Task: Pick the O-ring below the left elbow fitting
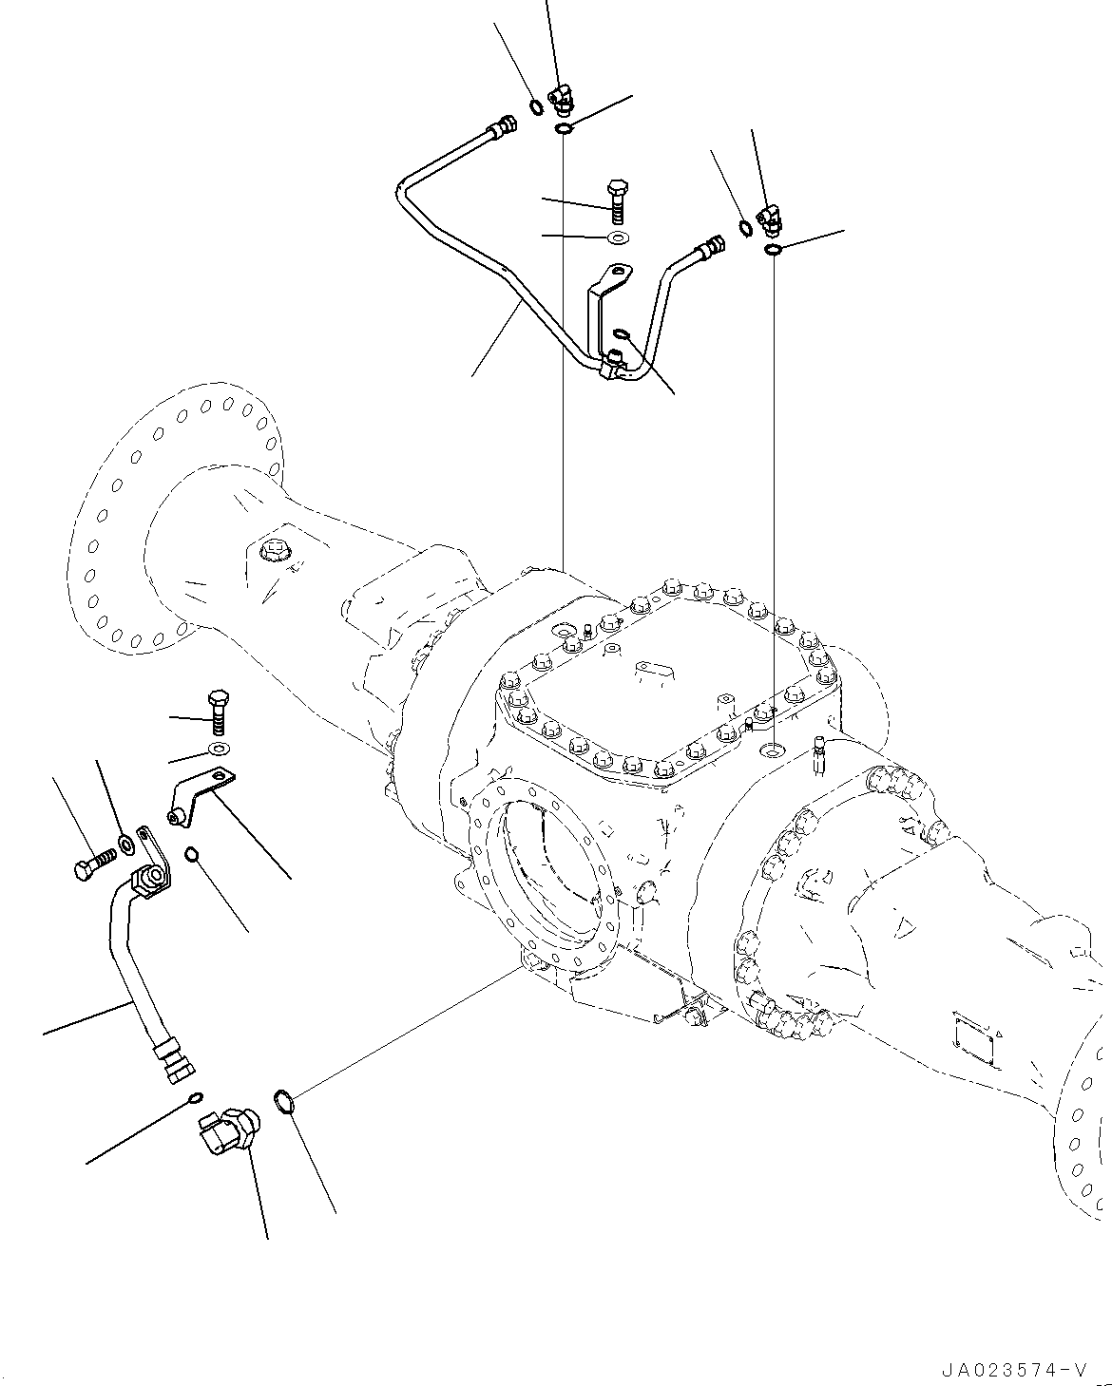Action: [x=564, y=128]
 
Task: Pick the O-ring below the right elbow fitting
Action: [x=773, y=249]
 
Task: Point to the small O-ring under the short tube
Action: [x=195, y=1098]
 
